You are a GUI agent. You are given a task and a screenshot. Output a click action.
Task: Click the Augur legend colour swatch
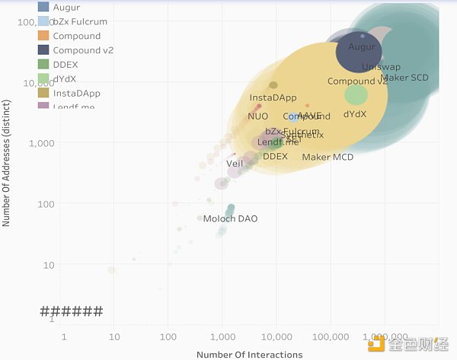43,8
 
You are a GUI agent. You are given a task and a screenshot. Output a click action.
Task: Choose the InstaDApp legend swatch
43,93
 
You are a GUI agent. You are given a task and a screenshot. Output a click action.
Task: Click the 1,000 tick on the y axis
43,143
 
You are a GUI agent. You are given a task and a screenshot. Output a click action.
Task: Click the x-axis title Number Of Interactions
249,355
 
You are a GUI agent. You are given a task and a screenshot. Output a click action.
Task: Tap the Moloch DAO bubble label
230,219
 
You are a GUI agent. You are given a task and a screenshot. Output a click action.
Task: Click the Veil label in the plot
235,164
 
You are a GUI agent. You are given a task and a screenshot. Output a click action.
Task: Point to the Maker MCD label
328,158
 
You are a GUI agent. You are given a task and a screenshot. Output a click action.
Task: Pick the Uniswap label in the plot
381,67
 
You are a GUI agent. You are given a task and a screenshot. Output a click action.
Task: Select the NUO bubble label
257,116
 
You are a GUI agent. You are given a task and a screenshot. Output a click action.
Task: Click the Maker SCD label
404,78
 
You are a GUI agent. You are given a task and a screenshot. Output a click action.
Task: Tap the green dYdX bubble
356,95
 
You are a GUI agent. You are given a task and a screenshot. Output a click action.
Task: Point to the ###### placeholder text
71,311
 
